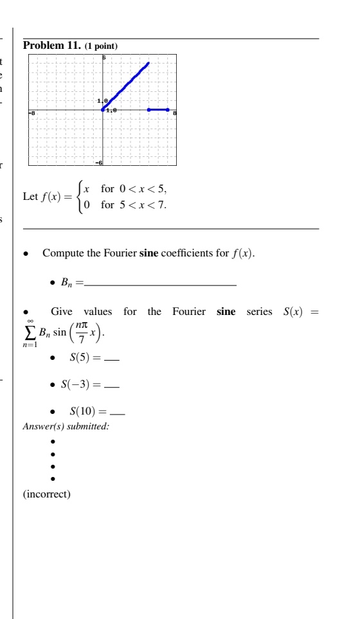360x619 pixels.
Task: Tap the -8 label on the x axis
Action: [33, 113]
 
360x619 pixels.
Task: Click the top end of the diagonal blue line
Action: [148, 63]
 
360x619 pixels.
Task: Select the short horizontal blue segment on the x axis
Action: [158, 110]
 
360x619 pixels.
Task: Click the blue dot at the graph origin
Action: [104, 110]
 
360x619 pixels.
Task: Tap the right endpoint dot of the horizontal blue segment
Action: [168, 110]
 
